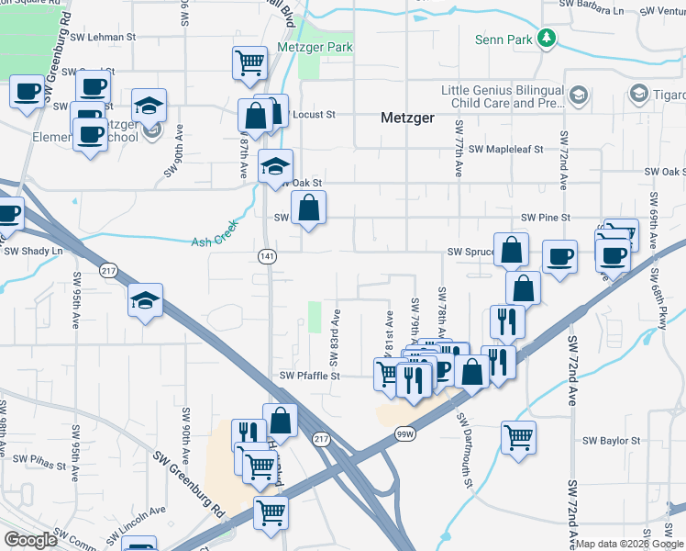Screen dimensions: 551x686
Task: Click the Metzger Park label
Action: (x=315, y=47)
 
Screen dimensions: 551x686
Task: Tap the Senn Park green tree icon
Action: (x=548, y=38)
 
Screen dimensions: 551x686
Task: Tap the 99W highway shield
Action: (x=404, y=433)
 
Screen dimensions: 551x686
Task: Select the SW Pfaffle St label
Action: (x=309, y=376)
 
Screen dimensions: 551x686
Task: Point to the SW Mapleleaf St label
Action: (x=506, y=149)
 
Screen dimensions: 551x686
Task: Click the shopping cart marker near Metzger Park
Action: (x=249, y=63)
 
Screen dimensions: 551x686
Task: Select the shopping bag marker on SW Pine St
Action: (x=309, y=208)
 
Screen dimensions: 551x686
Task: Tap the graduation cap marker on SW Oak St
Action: (x=275, y=166)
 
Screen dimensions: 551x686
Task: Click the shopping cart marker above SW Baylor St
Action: (x=518, y=436)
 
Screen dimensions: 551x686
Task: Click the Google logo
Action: (x=30, y=540)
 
